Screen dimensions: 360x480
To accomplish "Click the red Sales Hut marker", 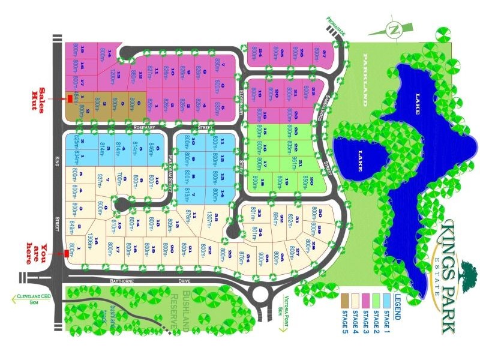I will tap(69, 98).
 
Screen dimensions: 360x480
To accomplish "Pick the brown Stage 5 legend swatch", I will tap(344, 298).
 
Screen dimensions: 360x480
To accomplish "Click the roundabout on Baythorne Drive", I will tap(260, 294).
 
